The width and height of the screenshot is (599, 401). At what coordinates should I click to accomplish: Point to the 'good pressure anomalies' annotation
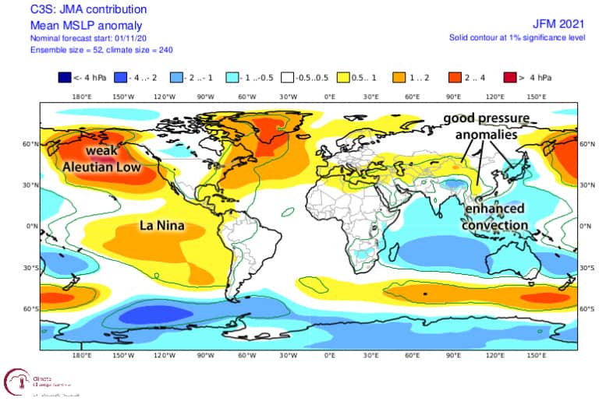tap(487, 126)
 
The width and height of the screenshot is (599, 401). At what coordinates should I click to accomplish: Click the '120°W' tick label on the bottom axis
tap(165, 354)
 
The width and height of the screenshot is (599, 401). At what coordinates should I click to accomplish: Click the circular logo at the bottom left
tap(17, 382)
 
